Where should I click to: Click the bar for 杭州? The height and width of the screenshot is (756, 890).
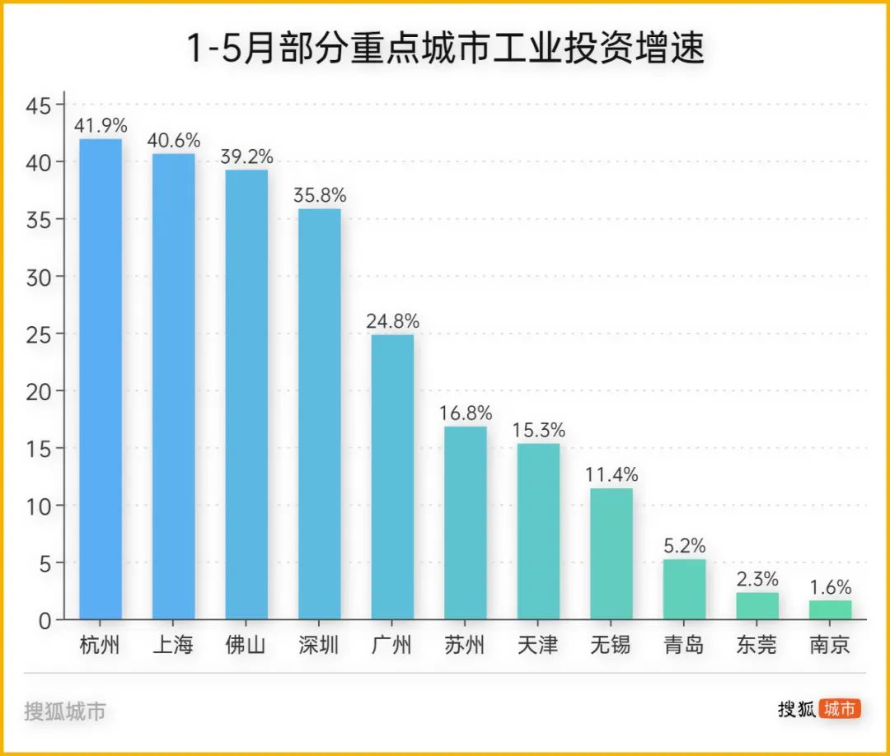coord(101,379)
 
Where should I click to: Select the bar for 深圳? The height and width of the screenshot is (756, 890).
coord(319,413)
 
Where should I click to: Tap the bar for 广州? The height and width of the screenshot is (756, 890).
coord(392,477)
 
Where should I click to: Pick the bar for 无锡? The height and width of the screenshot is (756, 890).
coord(611,553)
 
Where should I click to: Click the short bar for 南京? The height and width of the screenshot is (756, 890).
coord(830,609)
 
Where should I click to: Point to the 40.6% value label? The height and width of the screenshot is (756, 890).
coord(173,141)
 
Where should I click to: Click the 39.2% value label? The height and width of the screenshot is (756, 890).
coord(246,156)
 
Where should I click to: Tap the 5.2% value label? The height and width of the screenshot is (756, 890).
coord(684,546)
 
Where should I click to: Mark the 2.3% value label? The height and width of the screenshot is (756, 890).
coord(757,579)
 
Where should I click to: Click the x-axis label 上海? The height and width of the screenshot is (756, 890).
coord(173,645)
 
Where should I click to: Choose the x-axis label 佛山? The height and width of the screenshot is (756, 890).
coord(246,645)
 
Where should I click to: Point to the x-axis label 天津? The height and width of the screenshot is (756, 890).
coord(538,645)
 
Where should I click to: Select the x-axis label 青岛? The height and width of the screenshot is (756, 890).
coord(684,645)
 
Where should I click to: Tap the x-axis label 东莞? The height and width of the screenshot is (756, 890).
coord(757,645)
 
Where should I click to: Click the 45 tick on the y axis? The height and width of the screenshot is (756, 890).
coord(39,105)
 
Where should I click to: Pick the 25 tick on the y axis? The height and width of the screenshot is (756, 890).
coord(39,334)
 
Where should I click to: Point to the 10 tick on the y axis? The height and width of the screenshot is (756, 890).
coord(39,506)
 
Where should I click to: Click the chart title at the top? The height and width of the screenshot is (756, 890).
coord(446,49)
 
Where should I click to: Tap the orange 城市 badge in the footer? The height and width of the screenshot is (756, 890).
coord(839,709)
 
